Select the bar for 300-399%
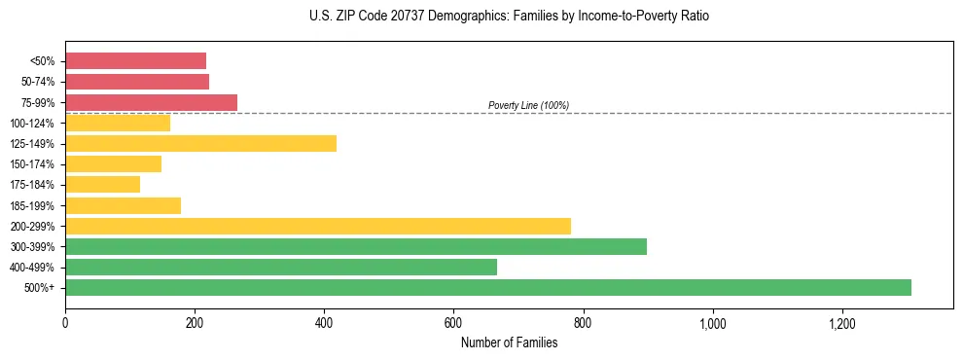point(356,246)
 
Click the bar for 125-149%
point(200,144)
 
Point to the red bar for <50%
point(136,61)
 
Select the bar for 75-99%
point(151,102)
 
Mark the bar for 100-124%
point(118,124)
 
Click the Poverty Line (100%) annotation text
point(528,105)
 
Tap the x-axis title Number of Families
point(509,342)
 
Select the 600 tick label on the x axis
point(453,323)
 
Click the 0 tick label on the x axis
point(65,323)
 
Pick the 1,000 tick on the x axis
point(712,323)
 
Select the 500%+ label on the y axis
point(42,288)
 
